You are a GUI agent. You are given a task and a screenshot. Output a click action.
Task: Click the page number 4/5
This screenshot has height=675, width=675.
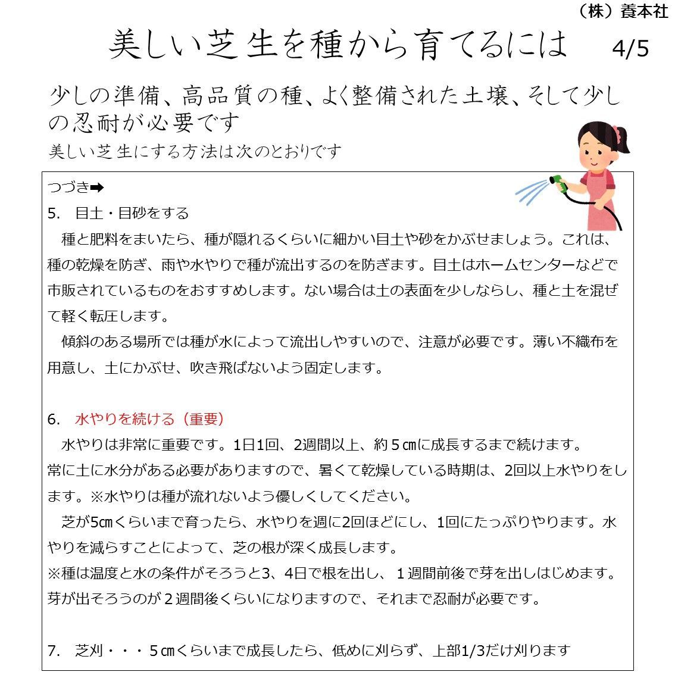click(630, 48)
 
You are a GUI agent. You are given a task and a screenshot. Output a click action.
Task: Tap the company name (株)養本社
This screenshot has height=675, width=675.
click(623, 11)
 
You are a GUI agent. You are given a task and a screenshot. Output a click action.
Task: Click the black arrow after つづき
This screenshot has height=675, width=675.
click(97, 187)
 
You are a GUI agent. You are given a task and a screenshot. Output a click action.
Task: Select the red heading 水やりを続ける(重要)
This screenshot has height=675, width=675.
click(149, 419)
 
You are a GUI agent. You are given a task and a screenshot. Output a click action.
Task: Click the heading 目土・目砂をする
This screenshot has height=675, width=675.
click(132, 213)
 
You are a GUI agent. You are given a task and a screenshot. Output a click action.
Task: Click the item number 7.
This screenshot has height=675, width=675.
click(52, 651)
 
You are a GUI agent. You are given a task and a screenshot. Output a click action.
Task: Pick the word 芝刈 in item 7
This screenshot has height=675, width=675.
click(89, 651)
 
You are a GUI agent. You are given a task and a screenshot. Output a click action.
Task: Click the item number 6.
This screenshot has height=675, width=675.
click(52, 419)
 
